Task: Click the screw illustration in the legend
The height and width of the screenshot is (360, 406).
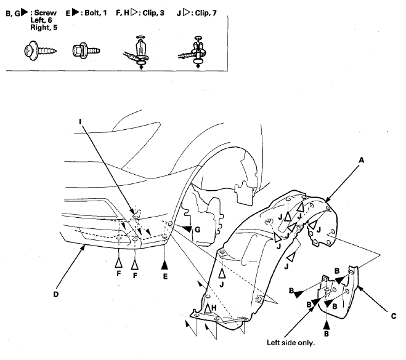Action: (x=39, y=50)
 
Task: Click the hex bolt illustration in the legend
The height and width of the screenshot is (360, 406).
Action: (x=86, y=50)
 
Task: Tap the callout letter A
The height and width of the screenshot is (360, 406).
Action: (x=361, y=161)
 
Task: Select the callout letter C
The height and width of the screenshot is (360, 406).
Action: (x=393, y=316)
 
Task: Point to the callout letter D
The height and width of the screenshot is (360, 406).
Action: (x=56, y=294)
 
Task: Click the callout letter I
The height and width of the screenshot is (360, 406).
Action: (x=80, y=122)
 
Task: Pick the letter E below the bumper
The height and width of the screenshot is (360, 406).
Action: (x=165, y=276)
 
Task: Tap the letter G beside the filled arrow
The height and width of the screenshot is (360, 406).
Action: (x=197, y=230)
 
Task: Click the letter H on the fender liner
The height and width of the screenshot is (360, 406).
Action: (x=214, y=308)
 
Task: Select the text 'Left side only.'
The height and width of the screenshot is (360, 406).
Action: (x=291, y=343)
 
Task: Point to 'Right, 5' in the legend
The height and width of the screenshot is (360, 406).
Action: (x=44, y=28)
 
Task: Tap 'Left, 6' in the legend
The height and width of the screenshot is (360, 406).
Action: (x=41, y=20)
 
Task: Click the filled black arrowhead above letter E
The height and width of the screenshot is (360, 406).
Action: (x=164, y=265)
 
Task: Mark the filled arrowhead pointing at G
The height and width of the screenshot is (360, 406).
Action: (x=187, y=229)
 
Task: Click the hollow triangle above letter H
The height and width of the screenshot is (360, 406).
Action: (x=208, y=308)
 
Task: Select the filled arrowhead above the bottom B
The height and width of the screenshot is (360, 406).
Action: (x=327, y=324)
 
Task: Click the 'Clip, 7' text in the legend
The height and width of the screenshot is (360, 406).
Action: (x=206, y=13)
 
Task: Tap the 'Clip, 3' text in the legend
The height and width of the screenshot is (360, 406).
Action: (x=153, y=13)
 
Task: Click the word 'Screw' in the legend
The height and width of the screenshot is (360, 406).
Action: (x=46, y=13)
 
